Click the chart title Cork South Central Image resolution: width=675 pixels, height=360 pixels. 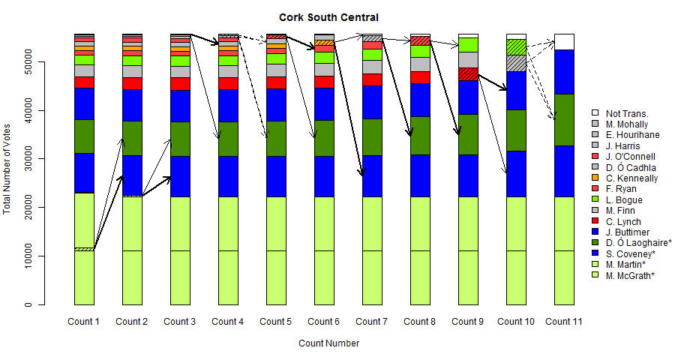pos(328,17)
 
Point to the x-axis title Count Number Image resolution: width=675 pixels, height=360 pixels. pos(328,343)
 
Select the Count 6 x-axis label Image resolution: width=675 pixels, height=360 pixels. pos(323,322)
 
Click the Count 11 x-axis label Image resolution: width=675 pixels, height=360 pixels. pos(564,322)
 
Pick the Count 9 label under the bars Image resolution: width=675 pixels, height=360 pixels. pos(467,322)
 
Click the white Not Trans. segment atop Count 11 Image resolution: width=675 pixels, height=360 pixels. pos(564,41)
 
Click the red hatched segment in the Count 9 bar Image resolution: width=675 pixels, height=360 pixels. pos(468,73)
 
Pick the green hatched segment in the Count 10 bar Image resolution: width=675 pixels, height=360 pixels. pos(516,46)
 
